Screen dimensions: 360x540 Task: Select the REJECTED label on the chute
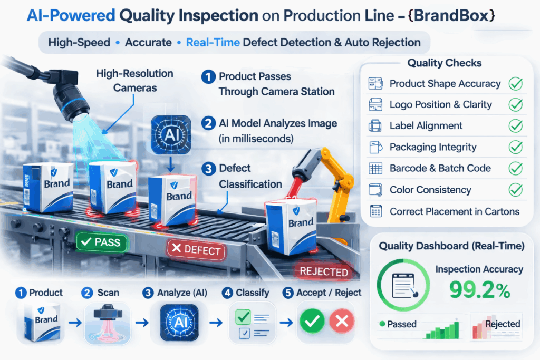coord(323,271)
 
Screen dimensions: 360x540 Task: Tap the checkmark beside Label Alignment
coord(515,126)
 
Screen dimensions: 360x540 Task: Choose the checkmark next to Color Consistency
coord(515,190)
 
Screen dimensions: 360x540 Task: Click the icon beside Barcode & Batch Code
coord(376,169)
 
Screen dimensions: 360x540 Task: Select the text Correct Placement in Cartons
coord(455,211)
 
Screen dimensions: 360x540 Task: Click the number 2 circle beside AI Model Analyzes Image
coord(209,124)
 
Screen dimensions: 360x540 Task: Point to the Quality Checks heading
coord(444,63)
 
